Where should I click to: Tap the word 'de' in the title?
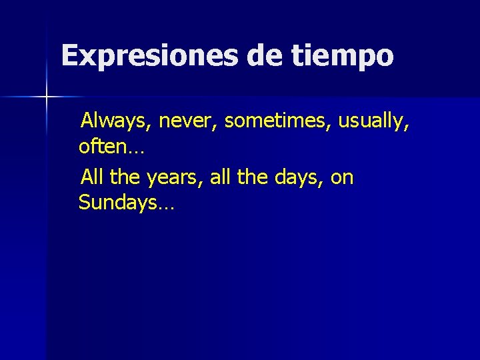[x=265, y=56]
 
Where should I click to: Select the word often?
[x=100, y=145]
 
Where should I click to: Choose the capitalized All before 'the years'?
[x=91, y=177]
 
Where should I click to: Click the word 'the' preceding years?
[x=123, y=177]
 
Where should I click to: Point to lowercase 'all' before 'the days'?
[x=221, y=177]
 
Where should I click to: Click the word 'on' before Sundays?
[x=341, y=179]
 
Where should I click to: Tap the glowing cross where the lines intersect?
[x=47, y=97]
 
